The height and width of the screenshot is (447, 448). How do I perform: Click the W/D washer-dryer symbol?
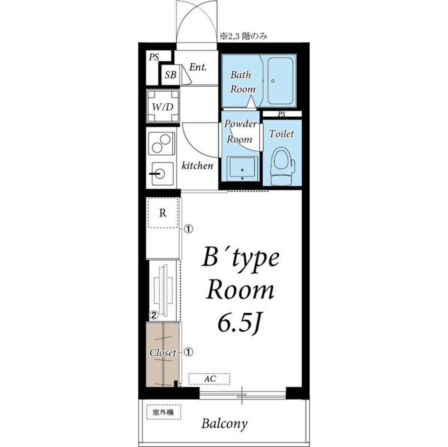pyautogui.click(x=163, y=106)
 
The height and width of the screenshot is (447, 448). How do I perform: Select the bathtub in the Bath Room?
pyautogui.click(x=280, y=81)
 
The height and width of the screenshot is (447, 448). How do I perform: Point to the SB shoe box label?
pyautogui.click(x=171, y=75)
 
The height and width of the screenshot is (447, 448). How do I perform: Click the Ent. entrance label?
pyautogui.click(x=198, y=67)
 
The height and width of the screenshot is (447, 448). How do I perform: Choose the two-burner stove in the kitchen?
pyautogui.click(x=161, y=143)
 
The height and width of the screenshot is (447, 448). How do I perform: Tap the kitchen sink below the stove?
pyautogui.click(x=162, y=173)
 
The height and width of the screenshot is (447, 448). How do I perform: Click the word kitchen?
pyautogui.click(x=197, y=165)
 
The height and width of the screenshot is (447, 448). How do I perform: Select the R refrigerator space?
pyautogui.click(x=163, y=213)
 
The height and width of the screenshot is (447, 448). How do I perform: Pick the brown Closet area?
pyautogui.click(x=163, y=354)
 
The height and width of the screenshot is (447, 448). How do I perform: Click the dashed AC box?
pyautogui.click(x=209, y=379)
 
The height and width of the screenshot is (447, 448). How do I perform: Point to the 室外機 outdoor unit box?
pyautogui.click(x=163, y=412)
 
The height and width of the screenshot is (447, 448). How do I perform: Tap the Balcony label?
pyautogui.click(x=224, y=424)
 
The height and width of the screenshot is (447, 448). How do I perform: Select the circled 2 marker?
pyautogui.click(x=154, y=315)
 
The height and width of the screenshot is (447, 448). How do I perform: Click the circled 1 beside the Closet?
pyautogui.click(x=188, y=352)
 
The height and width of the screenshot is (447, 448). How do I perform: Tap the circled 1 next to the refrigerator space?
pyautogui.click(x=188, y=228)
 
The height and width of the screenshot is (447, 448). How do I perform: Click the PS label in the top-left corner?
pyautogui.click(x=154, y=57)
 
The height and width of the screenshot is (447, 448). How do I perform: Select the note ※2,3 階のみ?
pyautogui.click(x=243, y=37)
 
